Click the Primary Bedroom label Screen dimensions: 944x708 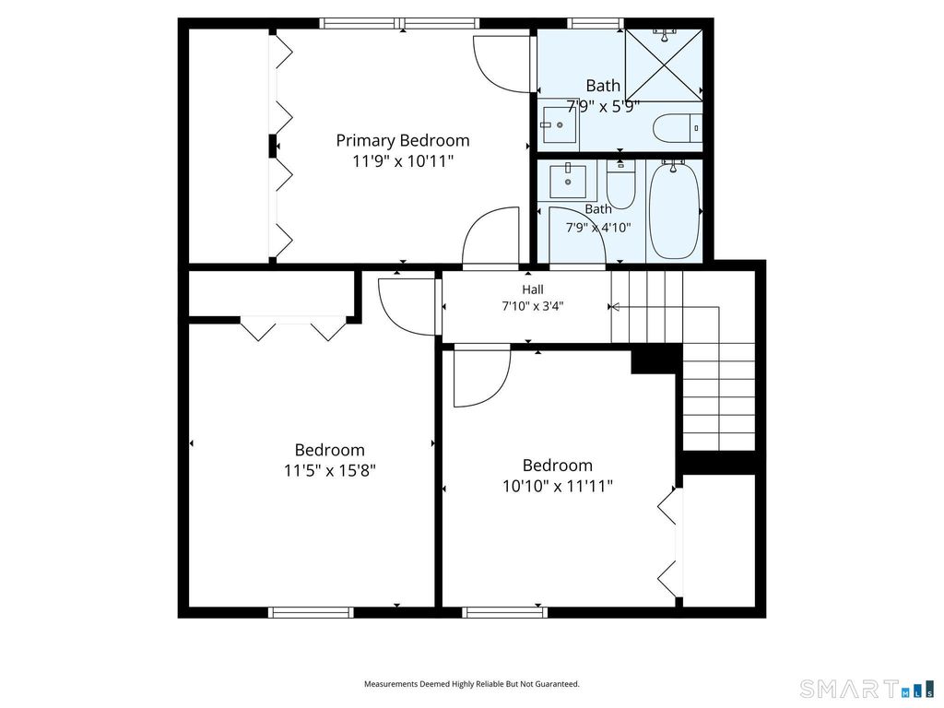tap(402, 140)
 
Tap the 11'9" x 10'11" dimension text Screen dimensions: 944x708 tap(402, 161)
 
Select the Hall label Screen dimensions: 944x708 tap(533, 289)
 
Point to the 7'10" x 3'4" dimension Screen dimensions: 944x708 tap(533, 306)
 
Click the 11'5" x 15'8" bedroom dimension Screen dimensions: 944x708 tap(330, 470)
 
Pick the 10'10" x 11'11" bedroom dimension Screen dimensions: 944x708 tap(558, 486)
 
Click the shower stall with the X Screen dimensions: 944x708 tap(664, 65)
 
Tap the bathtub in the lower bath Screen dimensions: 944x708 tap(675, 209)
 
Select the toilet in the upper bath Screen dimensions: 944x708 tap(678, 128)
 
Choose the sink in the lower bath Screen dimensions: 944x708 tap(567, 181)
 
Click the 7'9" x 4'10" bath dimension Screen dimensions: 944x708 tap(597, 228)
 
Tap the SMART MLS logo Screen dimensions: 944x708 tap(867, 688)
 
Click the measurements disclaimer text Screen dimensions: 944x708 tap(471, 684)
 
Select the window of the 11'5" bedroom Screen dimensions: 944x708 tap(312, 612)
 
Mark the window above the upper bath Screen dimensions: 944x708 tap(596, 23)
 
